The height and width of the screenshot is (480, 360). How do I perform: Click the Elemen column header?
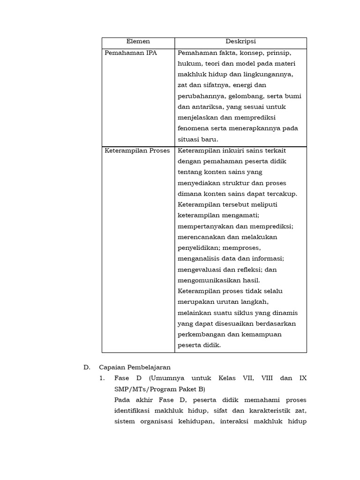coord(138,42)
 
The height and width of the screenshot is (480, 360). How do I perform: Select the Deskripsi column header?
coord(240,42)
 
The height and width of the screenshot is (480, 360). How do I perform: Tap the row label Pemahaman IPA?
coord(124,53)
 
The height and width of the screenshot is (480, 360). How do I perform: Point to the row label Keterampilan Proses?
coord(138,150)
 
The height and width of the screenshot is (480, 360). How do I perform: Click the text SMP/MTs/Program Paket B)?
coord(159,389)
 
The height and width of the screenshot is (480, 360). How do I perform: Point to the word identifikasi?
coord(135,411)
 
